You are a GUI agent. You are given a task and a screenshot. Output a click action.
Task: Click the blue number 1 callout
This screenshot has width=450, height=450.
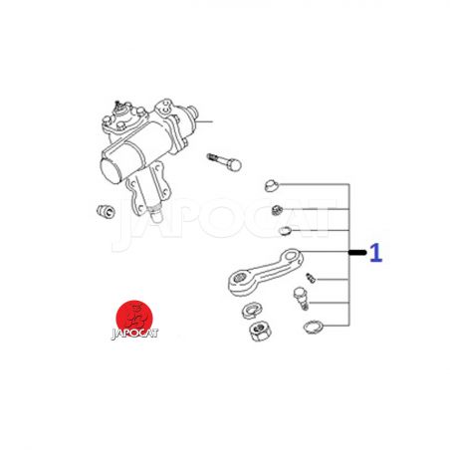(x=376, y=253)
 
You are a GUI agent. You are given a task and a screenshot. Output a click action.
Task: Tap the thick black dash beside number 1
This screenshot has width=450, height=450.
(x=357, y=253)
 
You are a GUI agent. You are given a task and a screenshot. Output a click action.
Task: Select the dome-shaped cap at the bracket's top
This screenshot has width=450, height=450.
(x=272, y=185)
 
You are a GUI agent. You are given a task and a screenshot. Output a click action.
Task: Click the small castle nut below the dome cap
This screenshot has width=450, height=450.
(x=277, y=210)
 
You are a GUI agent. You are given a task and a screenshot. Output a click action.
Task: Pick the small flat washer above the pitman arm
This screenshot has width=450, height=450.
(x=285, y=230)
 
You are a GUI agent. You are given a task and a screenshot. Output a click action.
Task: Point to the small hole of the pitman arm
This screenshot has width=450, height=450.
(x=292, y=256)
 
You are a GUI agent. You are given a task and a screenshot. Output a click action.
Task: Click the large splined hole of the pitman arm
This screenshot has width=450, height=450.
(x=240, y=278)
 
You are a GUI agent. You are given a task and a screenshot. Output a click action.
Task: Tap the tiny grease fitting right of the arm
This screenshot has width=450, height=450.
(x=310, y=278)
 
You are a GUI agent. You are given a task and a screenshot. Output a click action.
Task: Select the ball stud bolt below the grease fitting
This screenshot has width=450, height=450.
(x=301, y=298)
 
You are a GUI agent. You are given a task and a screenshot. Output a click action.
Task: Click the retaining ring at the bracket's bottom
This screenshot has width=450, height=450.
(x=313, y=327)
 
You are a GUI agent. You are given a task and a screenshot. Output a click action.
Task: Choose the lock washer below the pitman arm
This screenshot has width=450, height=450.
(x=252, y=311)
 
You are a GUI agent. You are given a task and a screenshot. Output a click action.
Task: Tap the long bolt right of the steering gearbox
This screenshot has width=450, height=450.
(x=224, y=162)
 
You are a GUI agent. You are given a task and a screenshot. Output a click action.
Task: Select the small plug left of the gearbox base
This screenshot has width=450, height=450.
(x=106, y=211)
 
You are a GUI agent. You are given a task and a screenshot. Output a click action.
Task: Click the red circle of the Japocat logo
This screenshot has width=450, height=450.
(x=134, y=319)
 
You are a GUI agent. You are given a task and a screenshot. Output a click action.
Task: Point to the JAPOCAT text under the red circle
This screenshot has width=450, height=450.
(x=134, y=334)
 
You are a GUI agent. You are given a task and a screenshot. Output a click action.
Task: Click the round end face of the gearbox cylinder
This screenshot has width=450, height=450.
(x=111, y=170)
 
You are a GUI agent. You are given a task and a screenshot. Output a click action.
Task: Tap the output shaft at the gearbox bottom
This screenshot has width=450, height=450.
(x=156, y=214)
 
